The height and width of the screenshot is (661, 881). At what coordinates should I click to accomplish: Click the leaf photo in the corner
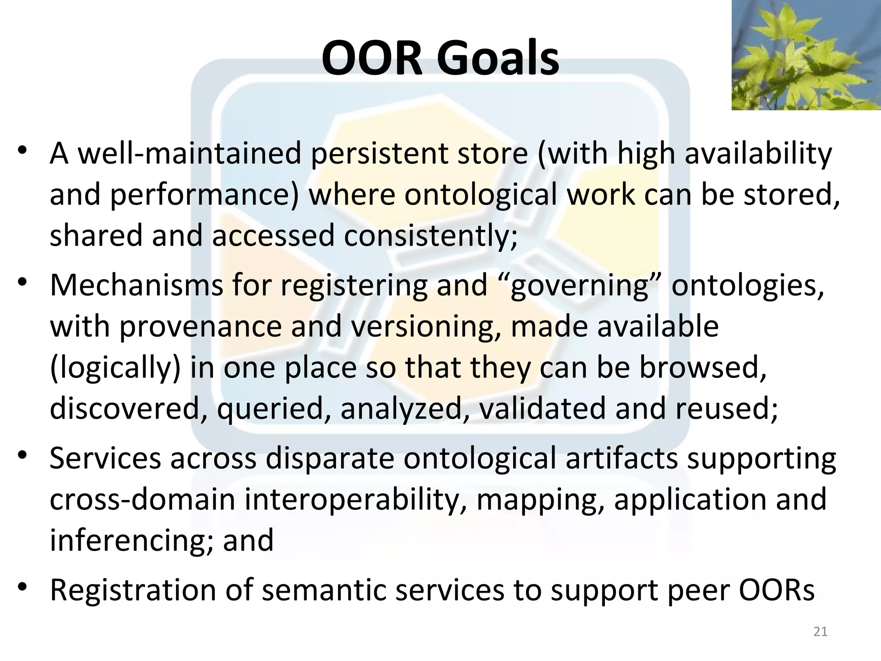coord(806,55)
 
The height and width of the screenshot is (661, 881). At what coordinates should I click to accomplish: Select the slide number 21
coord(820,632)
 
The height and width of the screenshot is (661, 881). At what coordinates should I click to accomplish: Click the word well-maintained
coord(189,154)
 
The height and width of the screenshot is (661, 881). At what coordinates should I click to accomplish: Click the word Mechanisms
coord(136,285)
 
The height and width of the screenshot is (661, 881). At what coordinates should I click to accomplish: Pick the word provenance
coord(200,326)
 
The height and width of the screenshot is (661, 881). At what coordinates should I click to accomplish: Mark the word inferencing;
coord(131,541)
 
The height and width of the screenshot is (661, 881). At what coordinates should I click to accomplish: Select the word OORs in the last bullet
coord(777,590)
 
